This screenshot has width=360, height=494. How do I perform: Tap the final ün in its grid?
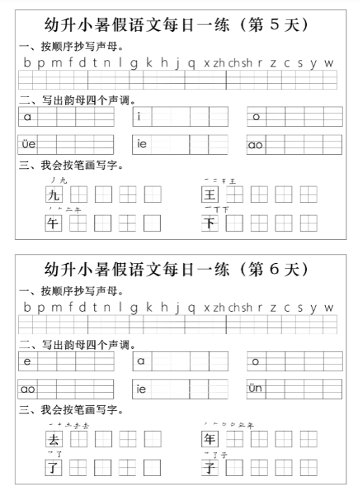(255, 389)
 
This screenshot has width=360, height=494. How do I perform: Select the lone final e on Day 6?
(27, 361)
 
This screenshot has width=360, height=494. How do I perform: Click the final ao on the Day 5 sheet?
(255, 144)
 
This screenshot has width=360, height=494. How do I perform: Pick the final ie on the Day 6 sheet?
(142, 389)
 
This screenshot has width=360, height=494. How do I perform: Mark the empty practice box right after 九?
(78, 195)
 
